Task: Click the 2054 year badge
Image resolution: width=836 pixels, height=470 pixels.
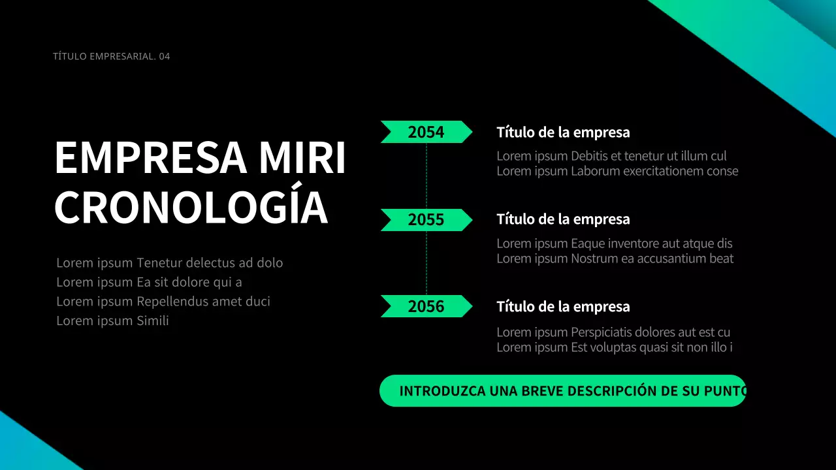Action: [x=426, y=132]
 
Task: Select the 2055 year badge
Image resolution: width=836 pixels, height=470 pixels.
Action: [x=426, y=220]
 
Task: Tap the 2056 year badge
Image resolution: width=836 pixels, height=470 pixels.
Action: [x=426, y=306]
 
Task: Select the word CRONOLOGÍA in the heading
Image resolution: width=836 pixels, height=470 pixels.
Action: [x=191, y=207]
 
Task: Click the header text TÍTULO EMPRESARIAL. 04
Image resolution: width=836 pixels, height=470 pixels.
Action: [x=111, y=56]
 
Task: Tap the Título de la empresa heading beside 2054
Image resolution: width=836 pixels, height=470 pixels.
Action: [x=563, y=133]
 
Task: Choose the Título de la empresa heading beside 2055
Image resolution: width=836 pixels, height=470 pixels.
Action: [x=563, y=219]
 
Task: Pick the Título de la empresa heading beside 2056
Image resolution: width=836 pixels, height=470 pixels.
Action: [x=563, y=307]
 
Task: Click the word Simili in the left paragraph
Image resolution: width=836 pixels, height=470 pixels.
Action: [x=153, y=321]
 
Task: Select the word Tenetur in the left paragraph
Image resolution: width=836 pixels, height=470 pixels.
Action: [x=159, y=263]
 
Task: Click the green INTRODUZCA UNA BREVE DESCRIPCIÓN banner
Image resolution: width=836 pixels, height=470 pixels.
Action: [x=562, y=391]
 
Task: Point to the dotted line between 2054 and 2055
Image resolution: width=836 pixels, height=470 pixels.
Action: [x=426, y=176]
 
